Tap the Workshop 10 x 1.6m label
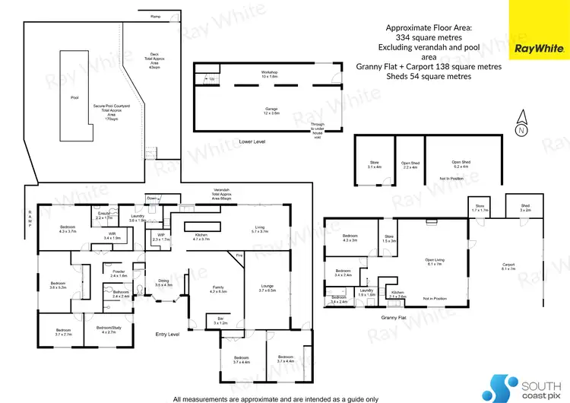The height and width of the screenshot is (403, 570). pyautogui.click(x=270, y=75)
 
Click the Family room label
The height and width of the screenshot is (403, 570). pyautogui.click(x=218, y=289)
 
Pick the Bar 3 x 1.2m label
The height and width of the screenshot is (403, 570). pyautogui.click(x=220, y=321)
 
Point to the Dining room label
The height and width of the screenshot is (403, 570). pyautogui.click(x=163, y=283)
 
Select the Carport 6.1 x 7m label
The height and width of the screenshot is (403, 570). pyautogui.click(x=508, y=267)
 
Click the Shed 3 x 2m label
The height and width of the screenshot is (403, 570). pyautogui.click(x=525, y=208)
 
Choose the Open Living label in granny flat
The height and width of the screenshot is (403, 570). pyautogui.click(x=434, y=262)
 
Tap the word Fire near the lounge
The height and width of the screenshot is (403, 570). pyautogui.click(x=239, y=255)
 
